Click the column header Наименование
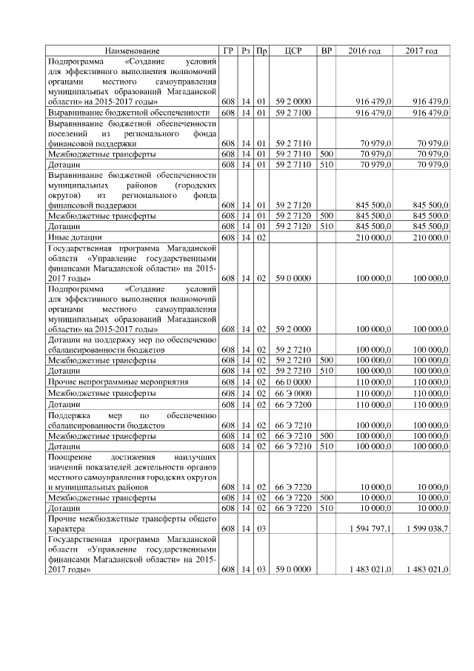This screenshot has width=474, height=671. tap(132, 50)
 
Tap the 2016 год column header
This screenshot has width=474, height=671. tap(364, 50)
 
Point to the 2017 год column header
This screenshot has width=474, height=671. tap(421, 50)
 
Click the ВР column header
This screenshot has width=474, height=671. tap(326, 50)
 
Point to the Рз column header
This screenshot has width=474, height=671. tap(245, 50)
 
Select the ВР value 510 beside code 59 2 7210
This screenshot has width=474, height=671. tap(326, 369)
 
